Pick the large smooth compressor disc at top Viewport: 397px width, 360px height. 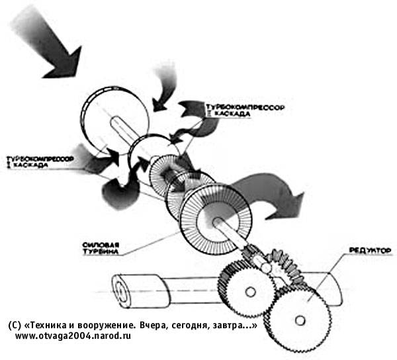click(x=106, y=119)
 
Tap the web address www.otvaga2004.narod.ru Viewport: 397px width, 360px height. click(x=73, y=337)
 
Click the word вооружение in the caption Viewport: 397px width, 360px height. click(x=105, y=326)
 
